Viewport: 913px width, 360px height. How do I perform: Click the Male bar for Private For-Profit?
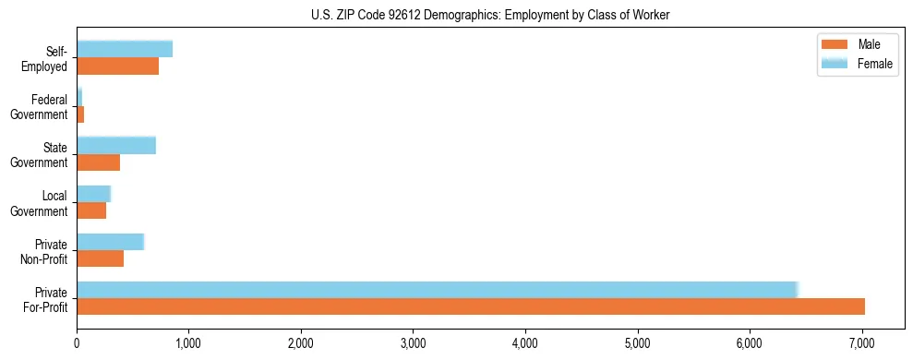[471, 306]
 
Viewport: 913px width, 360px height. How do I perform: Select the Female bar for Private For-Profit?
[437, 290]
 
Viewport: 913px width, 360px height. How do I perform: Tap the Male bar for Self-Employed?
[118, 66]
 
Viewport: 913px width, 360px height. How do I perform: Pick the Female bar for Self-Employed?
[125, 49]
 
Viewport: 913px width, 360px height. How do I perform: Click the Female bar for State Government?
[116, 145]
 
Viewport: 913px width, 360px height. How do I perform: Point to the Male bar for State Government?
[99, 162]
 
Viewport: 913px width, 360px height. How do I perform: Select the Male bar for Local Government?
[91, 210]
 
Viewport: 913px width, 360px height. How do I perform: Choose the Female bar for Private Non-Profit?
[111, 242]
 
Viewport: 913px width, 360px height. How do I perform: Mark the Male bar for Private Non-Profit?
[101, 258]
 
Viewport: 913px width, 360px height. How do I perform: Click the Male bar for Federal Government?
[80, 114]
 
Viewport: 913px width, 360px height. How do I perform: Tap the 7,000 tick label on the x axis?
[861, 343]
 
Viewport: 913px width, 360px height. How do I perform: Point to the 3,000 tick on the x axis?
[413, 343]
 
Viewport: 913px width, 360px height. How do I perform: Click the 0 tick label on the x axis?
[77, 343]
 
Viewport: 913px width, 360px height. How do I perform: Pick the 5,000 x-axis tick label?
[637, 343]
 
